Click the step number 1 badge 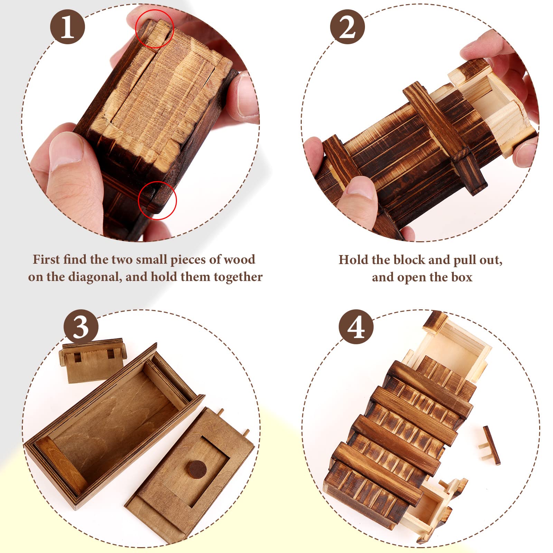(68, 27)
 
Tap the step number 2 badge (347, 27)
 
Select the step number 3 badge (81, 327)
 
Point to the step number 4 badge (356, 327)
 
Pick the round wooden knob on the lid (197, 469)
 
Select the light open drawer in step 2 (491, 107)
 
